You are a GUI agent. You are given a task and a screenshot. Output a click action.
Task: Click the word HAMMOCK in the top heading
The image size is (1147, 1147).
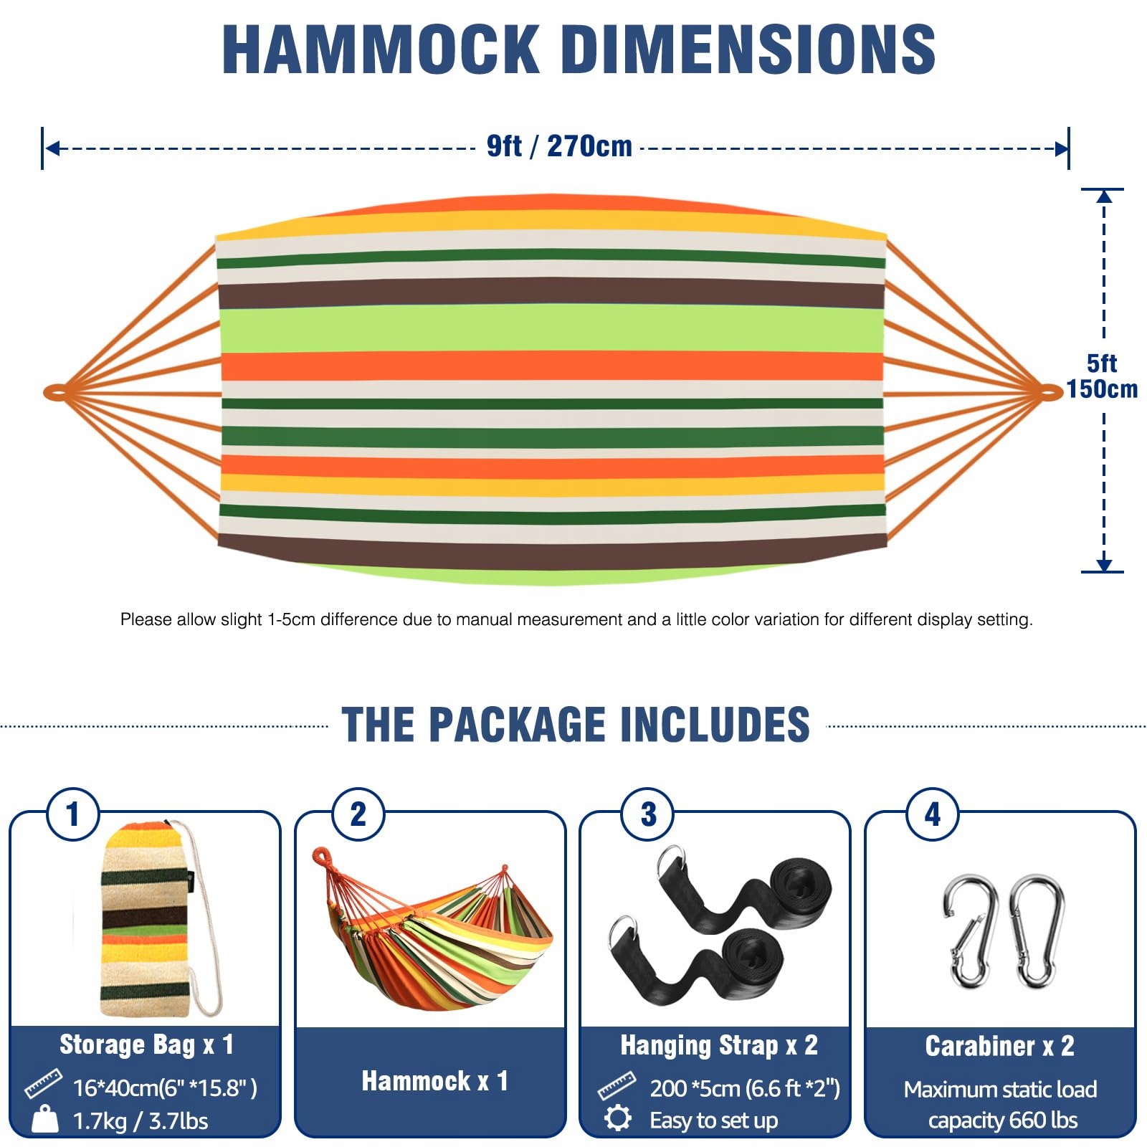tap(381, 49)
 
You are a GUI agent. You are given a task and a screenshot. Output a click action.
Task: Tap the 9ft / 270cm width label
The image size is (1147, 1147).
tap(559, 146)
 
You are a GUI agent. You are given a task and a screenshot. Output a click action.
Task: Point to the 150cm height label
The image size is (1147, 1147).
tap(1102, 389)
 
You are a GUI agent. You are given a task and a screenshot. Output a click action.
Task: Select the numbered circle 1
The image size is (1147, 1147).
tap(72, 814)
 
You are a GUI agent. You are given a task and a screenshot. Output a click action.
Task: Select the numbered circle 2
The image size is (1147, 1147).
tap(358, 814)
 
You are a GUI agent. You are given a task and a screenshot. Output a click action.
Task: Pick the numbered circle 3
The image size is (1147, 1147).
tap(648, 814)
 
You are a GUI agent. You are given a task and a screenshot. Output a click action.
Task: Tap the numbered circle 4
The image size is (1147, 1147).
tap(933, 814)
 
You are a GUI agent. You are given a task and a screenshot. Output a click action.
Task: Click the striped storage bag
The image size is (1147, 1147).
tap(147, 921)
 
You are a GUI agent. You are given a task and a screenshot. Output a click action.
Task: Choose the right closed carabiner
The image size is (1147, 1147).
tap(1037, 931)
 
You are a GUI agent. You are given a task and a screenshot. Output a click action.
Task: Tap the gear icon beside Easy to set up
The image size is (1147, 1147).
tap(617, 1118)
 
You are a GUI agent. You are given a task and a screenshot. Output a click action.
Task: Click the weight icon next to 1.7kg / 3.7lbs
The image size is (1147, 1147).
tap(45, 1119)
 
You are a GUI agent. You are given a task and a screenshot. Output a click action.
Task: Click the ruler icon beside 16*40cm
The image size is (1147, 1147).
tap(42, 1084)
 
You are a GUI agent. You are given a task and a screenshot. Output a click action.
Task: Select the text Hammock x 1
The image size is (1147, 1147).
tap(434, 1081)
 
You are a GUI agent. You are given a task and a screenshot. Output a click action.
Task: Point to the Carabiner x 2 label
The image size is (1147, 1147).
tap(1000, 1046)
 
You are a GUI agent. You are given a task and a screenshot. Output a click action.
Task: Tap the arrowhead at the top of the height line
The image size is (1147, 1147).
tap(1104, 196)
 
